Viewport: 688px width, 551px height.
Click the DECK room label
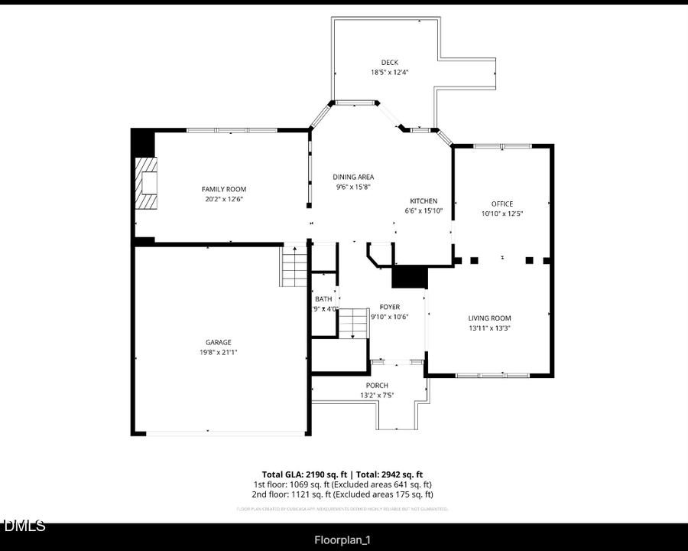click(390, 63)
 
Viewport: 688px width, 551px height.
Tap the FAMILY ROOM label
click(224, 189)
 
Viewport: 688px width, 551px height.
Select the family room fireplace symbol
click(146, 183)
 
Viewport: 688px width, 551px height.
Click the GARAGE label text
click(218, 342)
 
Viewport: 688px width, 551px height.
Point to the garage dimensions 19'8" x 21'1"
click(218, 352)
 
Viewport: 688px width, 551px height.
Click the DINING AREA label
click(353, 177)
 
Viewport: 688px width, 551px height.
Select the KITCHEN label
click(424, 201)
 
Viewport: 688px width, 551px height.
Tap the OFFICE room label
click(501, 204)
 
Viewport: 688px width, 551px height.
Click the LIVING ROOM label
click(489, 318)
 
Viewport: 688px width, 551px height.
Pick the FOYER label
click(390, 307)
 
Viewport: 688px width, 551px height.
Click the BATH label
click(323, 299)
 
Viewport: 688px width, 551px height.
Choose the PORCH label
click(377, 385)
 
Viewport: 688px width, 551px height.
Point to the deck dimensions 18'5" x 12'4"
click(390, 73)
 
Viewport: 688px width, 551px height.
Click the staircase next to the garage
click(294, 266)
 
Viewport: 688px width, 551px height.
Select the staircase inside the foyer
click(353, 322)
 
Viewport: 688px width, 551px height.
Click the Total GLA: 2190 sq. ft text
click(300, 474)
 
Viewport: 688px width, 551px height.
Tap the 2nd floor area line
click(343, 494)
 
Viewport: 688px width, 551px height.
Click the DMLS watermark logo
click(24, 527)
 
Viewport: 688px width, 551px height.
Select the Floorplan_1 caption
click(343, 540)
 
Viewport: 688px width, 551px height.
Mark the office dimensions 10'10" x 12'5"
click(501, 214)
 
